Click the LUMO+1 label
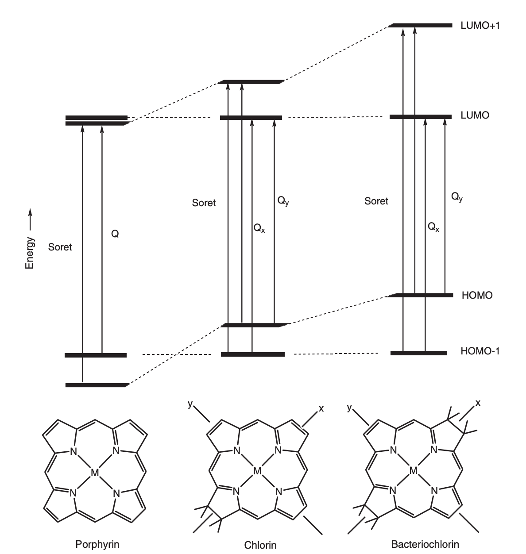click(480, 26)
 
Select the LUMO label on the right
click(475, 116)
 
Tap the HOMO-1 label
click(480, 352)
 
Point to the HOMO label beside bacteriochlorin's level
click(477, 295)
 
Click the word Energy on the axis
click(30, 253)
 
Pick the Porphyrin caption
click(97, 543)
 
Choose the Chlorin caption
click(260, 545)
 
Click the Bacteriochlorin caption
click(425, 544)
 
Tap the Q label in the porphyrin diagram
click(115, 235)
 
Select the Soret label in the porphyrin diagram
click(60, 247)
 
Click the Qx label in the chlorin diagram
click(259, 228)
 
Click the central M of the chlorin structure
click(257, 471)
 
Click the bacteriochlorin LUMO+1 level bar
click(421, 25)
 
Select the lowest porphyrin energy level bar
click(96, 385)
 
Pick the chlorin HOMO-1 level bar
click(252, 354)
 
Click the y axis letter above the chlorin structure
click(190, 404)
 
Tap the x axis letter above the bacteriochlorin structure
click(478, 403)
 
